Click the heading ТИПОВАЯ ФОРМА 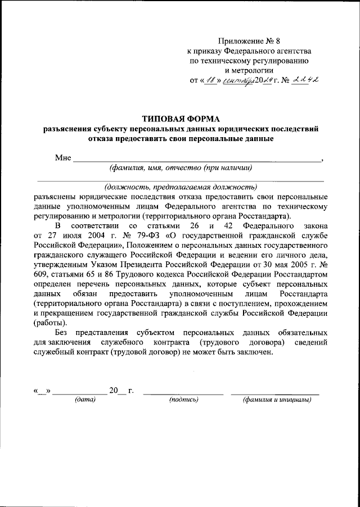[x=181, y=118]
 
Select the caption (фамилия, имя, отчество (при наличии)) [x=181, y=167]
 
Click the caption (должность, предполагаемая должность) [x=181, y=187]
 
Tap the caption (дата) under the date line [x=85, y=400]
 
